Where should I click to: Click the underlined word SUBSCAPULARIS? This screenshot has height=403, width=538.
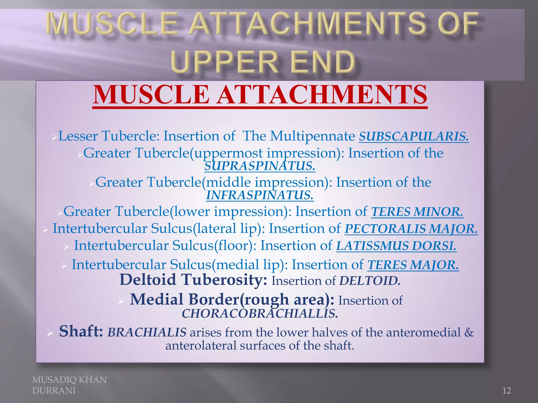click(414, 136)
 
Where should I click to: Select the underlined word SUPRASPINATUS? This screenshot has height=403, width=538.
click(260, 166)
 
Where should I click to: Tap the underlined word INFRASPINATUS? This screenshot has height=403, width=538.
click(260, 195)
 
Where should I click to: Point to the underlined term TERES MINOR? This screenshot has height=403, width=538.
click(417, 212)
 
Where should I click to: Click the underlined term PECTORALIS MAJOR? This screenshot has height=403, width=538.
click(411, 229)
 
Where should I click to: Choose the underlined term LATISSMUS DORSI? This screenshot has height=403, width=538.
click(396, 246)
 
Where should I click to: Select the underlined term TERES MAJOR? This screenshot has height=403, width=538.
click(413, 265)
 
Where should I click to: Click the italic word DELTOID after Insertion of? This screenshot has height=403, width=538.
click(370, 281)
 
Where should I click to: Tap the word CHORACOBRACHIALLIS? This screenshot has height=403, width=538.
click(260, 314)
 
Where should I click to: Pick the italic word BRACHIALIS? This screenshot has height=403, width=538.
click(147, 332)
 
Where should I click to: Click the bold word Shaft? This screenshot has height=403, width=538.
click(81, 331)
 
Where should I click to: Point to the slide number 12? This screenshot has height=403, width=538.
click(506, 391)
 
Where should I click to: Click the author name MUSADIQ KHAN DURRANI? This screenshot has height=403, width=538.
click(69, 385)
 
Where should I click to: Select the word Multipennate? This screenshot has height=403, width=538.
click(313, 136)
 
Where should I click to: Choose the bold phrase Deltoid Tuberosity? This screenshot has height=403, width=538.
click(193, 280)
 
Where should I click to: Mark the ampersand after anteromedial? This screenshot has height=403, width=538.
click(469, 332)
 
